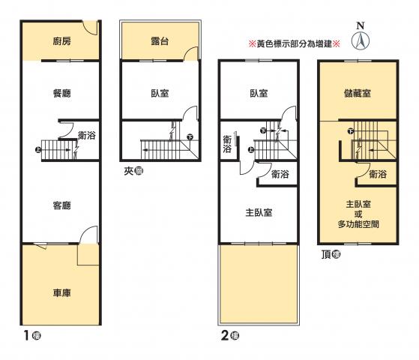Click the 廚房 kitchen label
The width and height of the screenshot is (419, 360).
click(61, 41)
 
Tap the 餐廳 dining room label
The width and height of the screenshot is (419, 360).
click(61, 93)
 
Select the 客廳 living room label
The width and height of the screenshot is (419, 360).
click(61, 205)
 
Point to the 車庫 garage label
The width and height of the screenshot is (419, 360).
click(61, 292)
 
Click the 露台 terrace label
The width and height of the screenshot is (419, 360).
click(160, 41)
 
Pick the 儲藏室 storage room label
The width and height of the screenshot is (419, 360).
click(358, 93)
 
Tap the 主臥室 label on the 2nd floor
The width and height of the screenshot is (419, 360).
click(259, 213)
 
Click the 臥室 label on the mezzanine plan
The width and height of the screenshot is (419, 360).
click(160, 93)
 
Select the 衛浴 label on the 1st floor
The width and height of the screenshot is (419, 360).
click(87, 135)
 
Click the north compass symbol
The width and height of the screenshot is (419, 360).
click(361, 41)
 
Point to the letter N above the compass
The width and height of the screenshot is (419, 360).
click(361, 25)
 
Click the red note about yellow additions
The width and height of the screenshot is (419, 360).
click(295, 43)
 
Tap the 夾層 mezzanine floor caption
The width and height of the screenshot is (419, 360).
click(133, 171)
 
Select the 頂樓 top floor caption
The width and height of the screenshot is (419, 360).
click(331, 254)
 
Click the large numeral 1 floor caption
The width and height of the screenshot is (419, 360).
click(26, 335)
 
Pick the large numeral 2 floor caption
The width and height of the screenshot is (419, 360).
click(225, 335)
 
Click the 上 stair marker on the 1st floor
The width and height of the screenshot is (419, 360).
click(38, 149)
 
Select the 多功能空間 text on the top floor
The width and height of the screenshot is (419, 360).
click(358, 224)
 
